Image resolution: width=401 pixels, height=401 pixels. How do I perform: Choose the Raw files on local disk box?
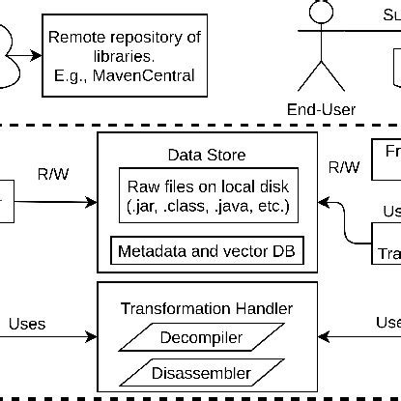coord(207,196)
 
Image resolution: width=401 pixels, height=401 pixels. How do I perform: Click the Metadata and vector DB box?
coord(207,252)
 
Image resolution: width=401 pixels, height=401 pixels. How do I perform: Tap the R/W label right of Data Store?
coord(344,167)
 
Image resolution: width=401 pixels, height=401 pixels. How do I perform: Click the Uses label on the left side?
coord(27,323)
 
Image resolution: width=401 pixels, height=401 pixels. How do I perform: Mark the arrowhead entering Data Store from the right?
coord(326,203)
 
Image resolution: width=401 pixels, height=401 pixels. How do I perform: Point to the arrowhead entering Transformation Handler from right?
coord(326,337)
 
